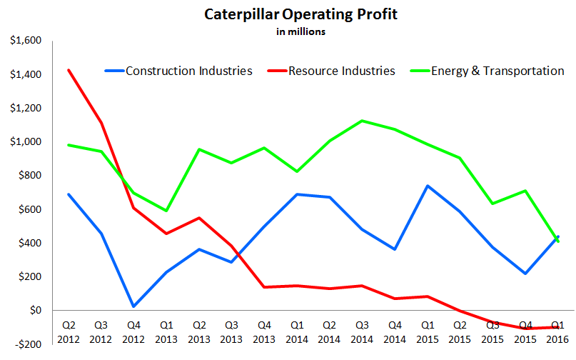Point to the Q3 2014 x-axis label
pyautogui.click(x=363, y=331)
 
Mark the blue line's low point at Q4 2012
pyautogui.click(x=133, y=306)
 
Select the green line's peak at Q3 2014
pyautogui.click(x=363, y=121)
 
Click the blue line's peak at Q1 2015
pyautogui.click(x=427, y=186)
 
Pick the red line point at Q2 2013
pyautogui.click(x=198, y=218)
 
